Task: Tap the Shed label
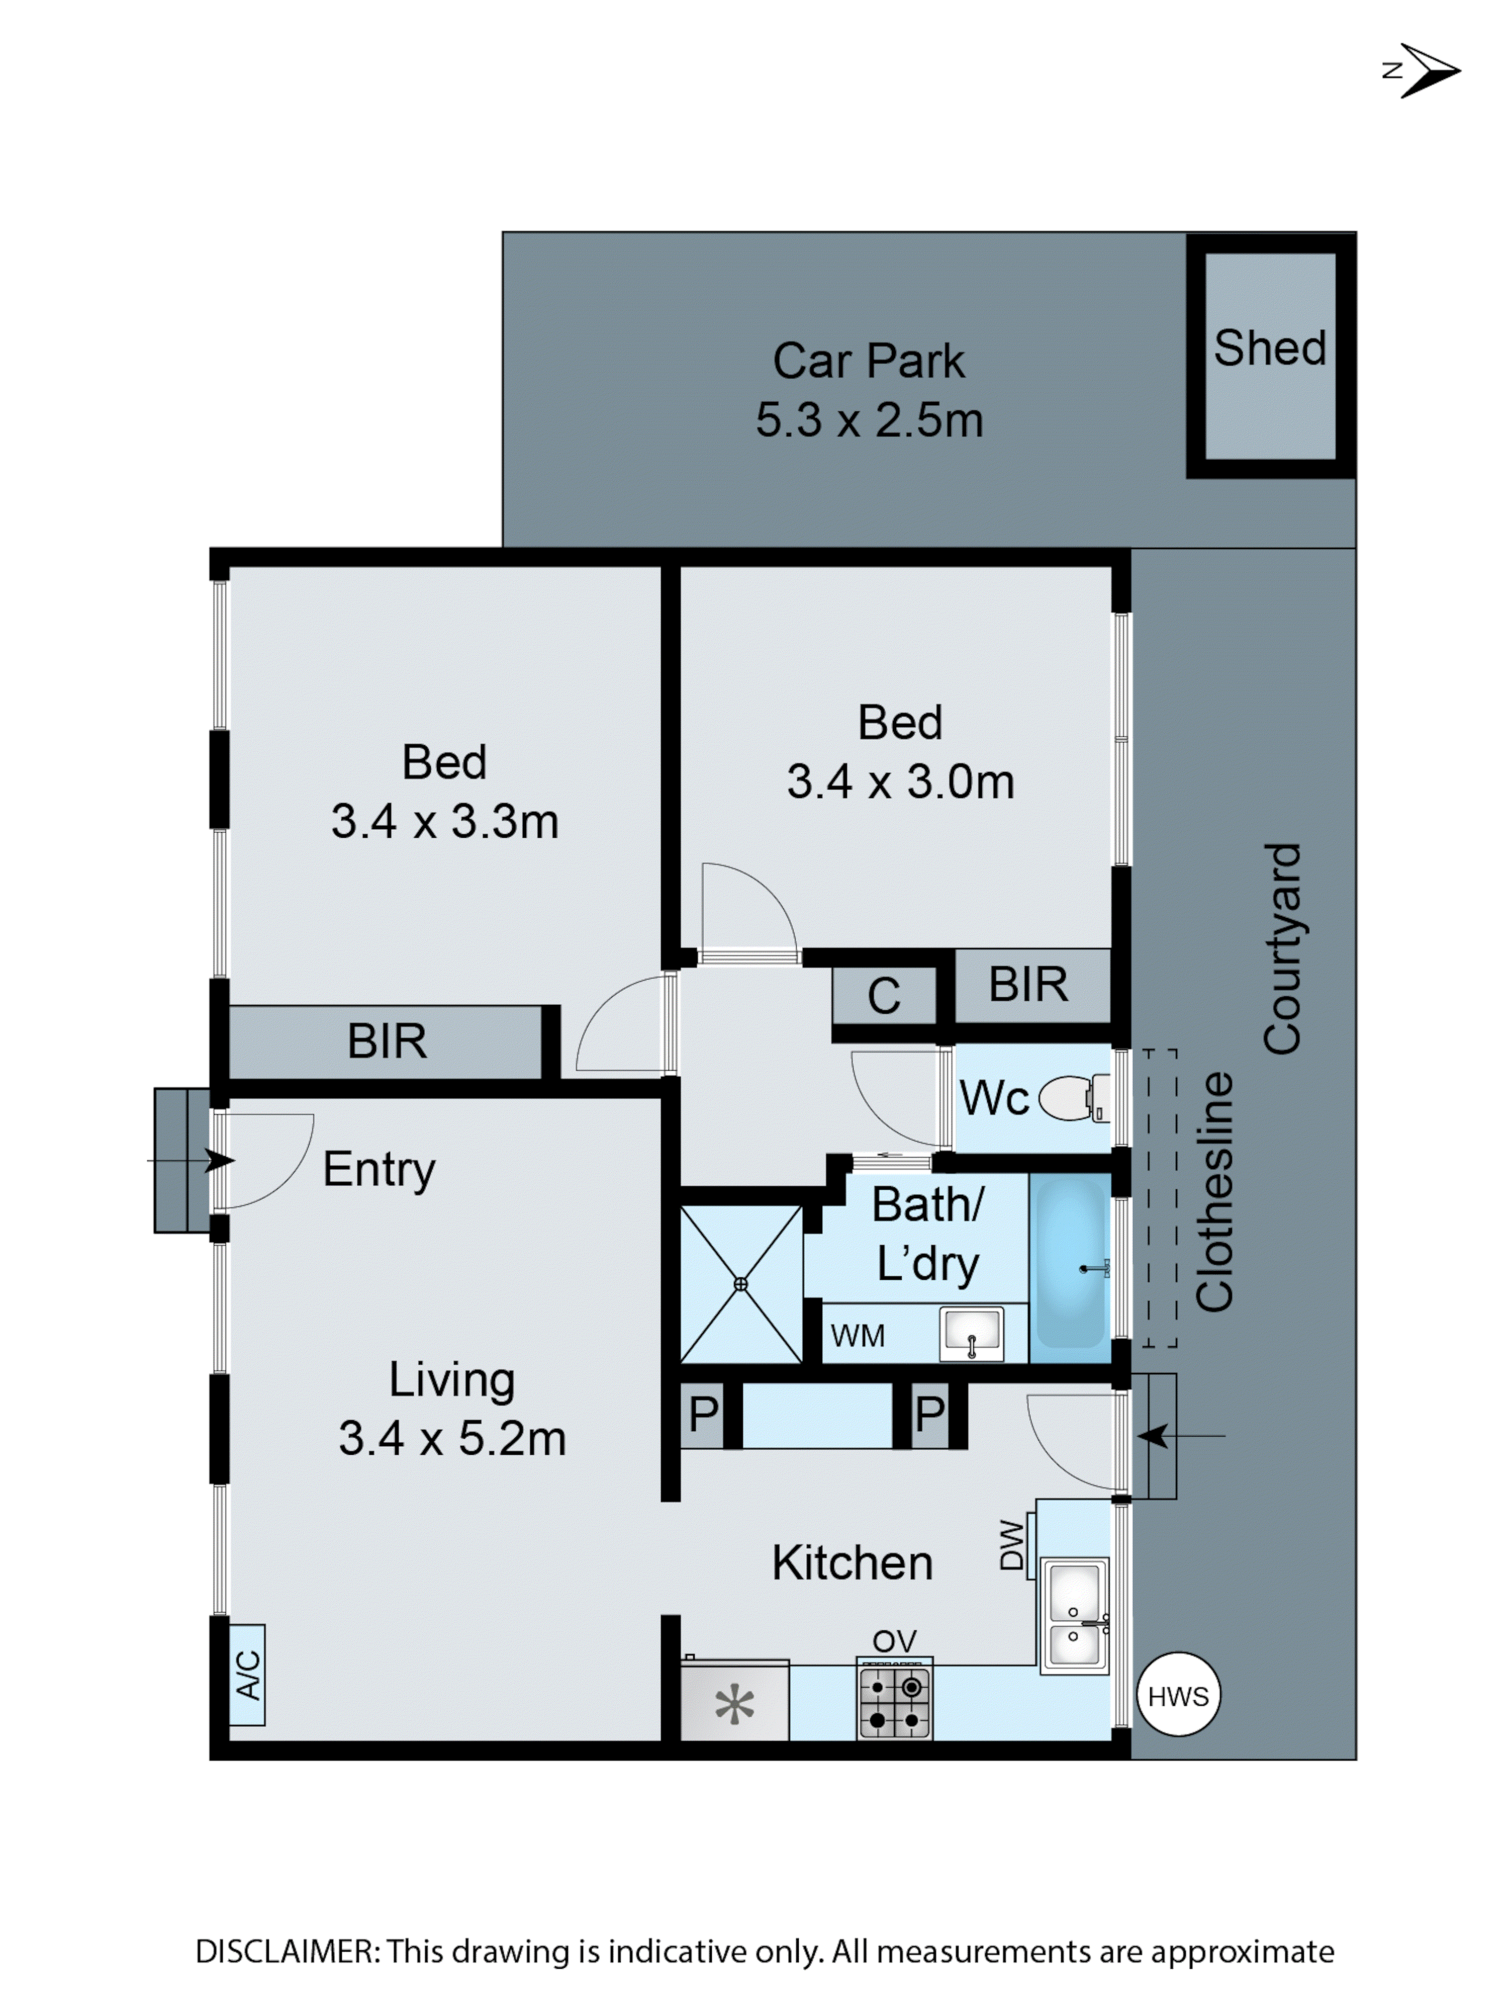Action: (x=1270, y=348)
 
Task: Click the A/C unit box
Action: (x=246, y=1674)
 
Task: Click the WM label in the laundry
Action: (x=857, y=1336)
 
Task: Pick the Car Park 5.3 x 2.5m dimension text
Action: (x=869, y=420)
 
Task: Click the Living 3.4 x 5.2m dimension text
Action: (x=452, y=1438)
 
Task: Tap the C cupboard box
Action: (x=884, y=996)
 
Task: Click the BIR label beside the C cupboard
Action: (x=1028, y=984)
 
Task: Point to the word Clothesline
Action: (x=1214, y=1191)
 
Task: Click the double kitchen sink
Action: (x=1074, y=1616)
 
